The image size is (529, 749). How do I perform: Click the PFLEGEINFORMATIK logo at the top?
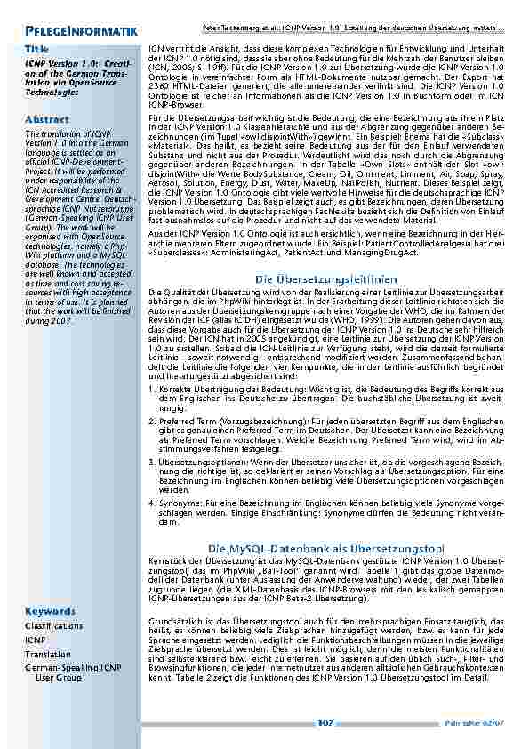click(81, 33)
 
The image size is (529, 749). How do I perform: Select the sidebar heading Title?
click(36, 48)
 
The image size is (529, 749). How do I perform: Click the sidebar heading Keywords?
click(50, 611)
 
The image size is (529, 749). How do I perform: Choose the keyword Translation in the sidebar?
click(47, 654)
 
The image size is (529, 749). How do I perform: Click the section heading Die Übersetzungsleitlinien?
click(325, 279)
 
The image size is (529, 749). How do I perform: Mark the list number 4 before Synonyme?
click(152, 503)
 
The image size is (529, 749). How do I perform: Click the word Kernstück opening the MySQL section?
click(166, 560)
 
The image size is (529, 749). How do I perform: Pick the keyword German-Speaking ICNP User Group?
click(72, 672)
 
